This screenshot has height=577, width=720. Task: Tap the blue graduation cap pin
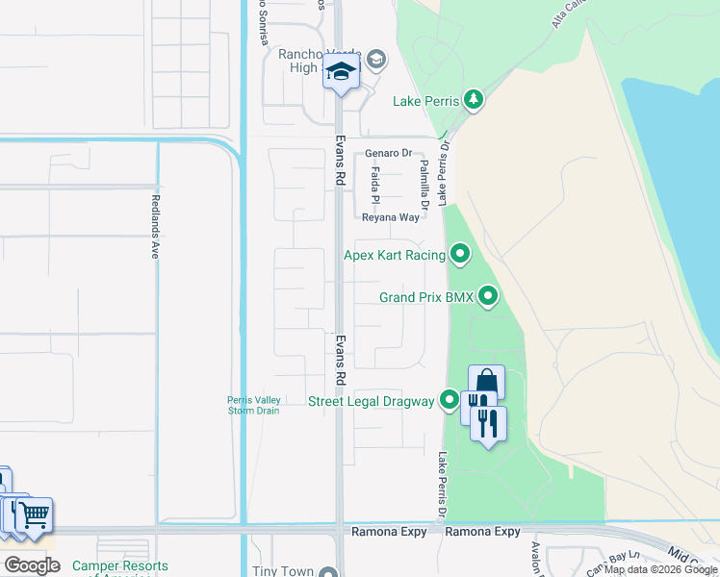[x=341, y=72]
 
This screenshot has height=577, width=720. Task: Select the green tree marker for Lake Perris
[x=473, y=100]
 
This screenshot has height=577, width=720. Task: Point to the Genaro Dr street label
[x=388, y=153]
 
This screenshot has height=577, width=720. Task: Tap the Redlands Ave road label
[x=154, y=227]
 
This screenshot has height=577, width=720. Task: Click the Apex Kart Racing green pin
[x=460, y=255]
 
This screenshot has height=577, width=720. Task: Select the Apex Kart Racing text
[x=395, y=255]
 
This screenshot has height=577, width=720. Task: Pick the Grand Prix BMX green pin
[x=488, y=297]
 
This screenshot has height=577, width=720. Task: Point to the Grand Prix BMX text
[x=426, y=298]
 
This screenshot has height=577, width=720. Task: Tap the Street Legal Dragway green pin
[x=450, y=401]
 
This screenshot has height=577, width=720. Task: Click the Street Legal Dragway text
[x=371, y=401]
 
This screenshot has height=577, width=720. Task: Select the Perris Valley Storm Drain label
[x=253, y=405]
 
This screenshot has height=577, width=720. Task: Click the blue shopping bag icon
[x=486, y=381]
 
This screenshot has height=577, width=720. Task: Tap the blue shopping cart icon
[x=34, y=514]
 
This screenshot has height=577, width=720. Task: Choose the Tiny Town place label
[x=283, y=571]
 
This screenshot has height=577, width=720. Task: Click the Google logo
[x=32, y=564]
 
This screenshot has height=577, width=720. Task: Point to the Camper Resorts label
[x=120, y=567]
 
